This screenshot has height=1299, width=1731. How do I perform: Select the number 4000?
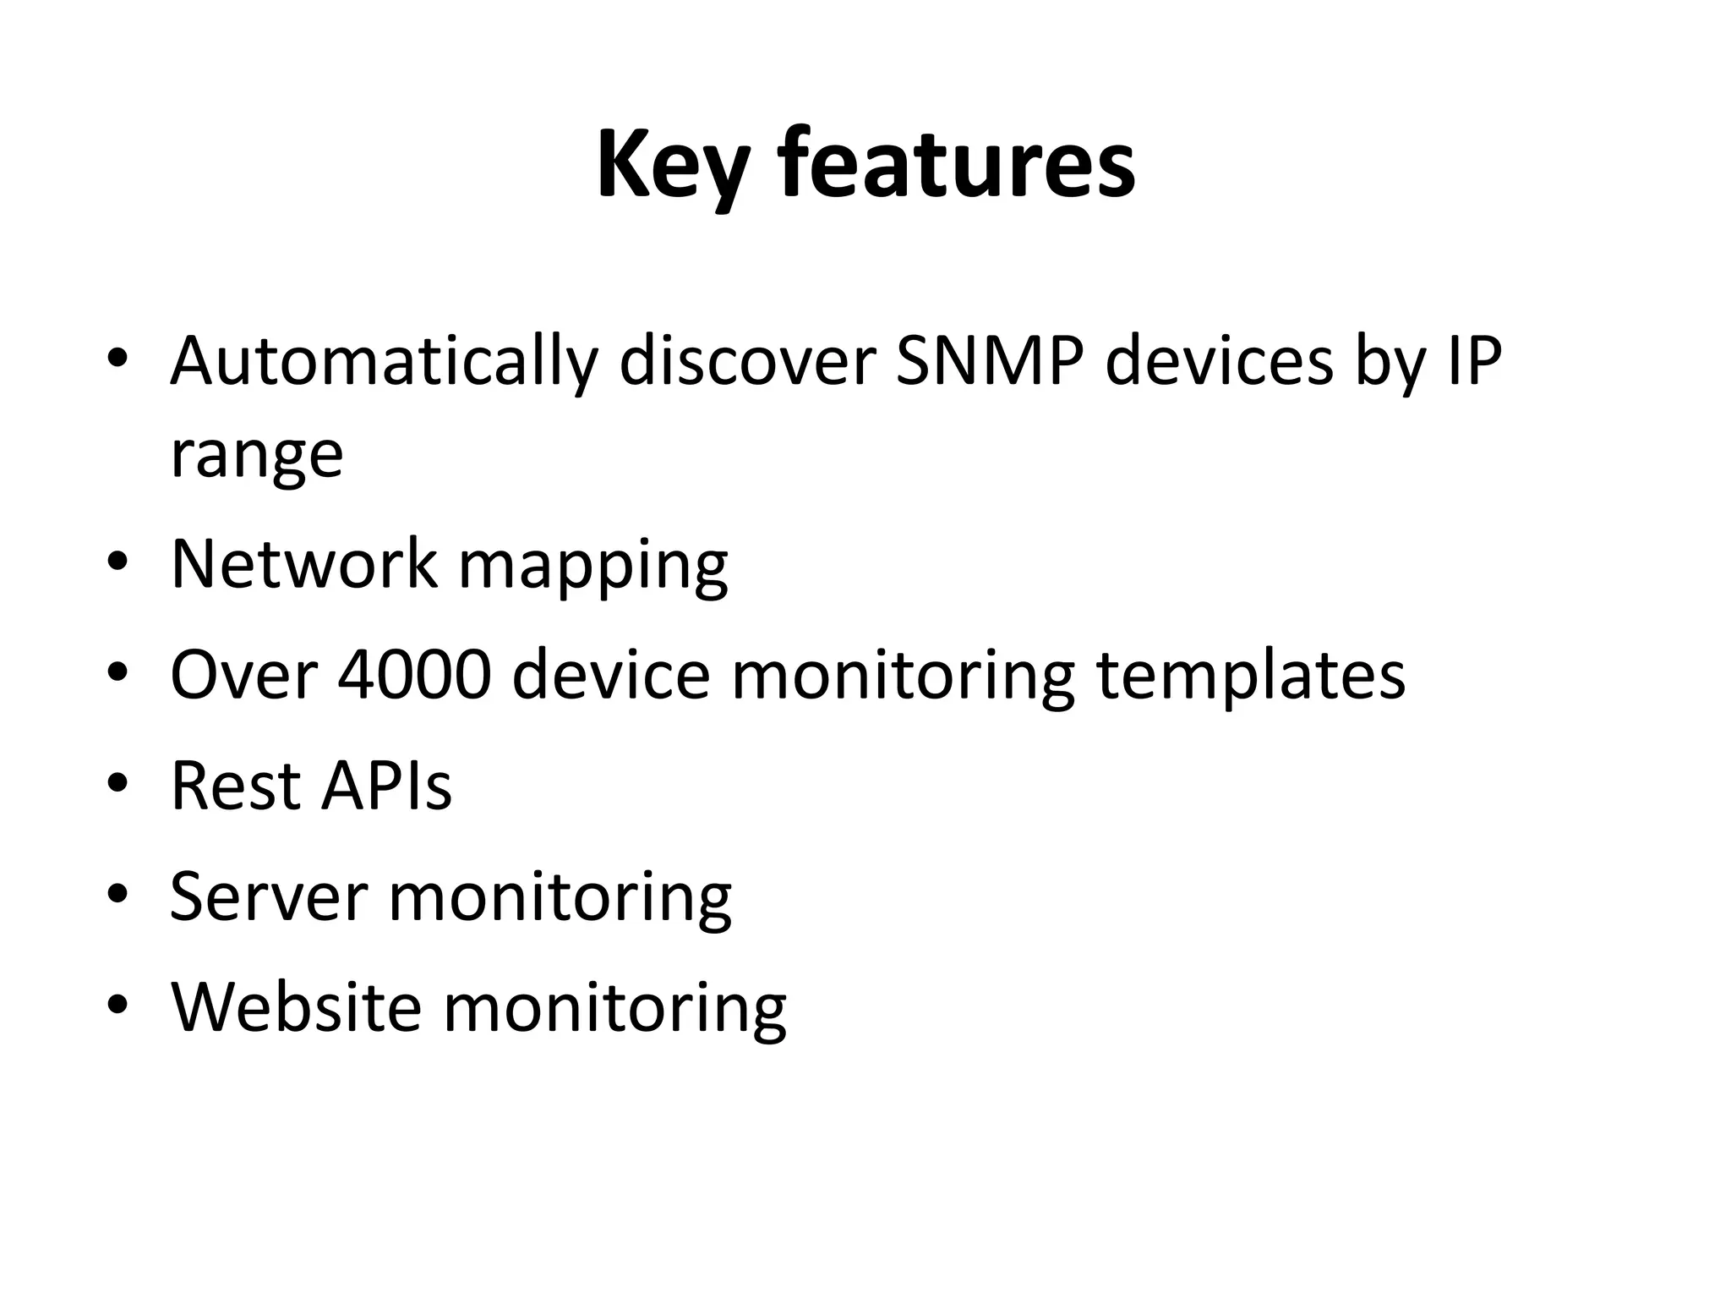(414, 675)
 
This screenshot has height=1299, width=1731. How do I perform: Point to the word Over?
(243, 675)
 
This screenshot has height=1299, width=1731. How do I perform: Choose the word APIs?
(386, 786)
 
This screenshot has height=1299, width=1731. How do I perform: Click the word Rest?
(234, 786)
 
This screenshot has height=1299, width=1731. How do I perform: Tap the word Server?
(269, 896)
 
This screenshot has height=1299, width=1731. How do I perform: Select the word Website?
(296, 1006)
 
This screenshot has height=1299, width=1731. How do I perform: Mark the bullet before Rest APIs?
(117, 784)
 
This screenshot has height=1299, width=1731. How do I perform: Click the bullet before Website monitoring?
(117, 1006)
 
